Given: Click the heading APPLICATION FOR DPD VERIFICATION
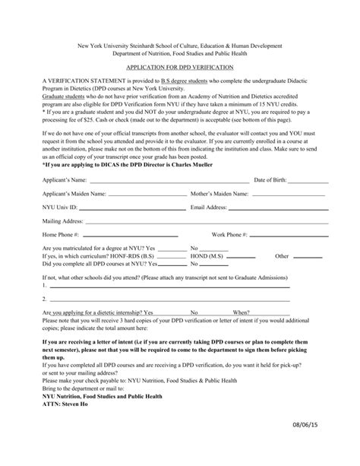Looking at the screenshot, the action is pos(179,68).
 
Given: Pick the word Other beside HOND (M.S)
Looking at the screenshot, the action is pos(283,278).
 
